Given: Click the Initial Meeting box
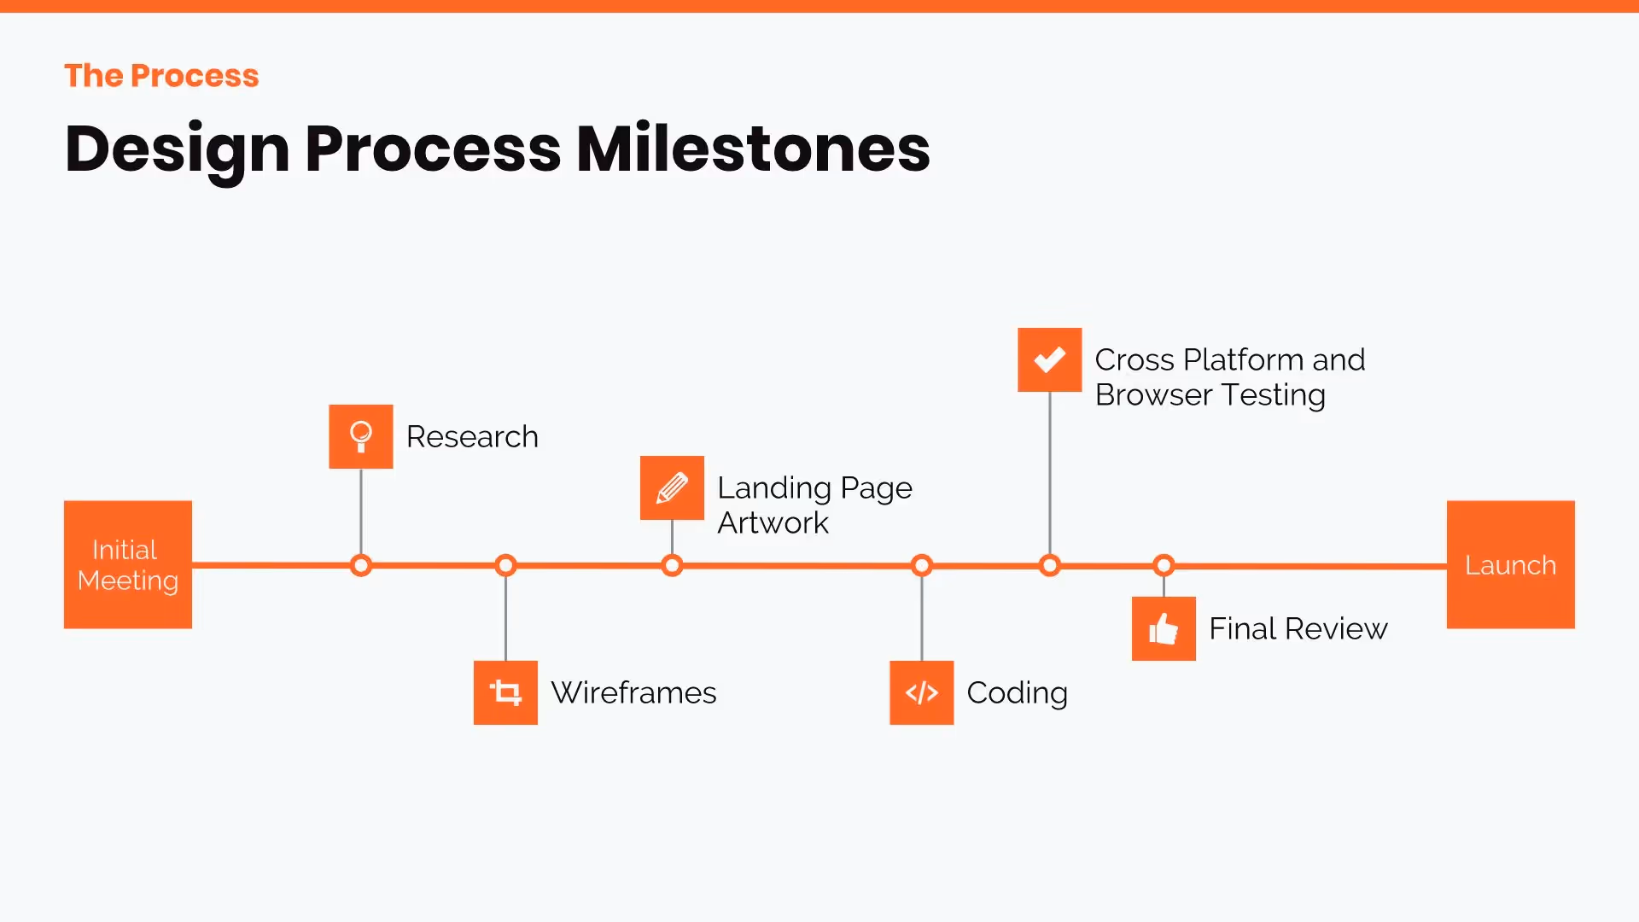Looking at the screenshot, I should [x=128, y=564].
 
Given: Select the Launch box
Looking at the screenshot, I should [x=1510, y=564].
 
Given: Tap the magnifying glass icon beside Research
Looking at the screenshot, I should [x=361, y=436].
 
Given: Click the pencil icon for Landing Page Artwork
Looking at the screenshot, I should [x=672, y=487].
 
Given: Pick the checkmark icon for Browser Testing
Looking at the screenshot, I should [x=1049, y=359].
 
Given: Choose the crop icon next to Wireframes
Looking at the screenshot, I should [x=505, y=692].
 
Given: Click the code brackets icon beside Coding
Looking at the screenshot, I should [x=921, y=692].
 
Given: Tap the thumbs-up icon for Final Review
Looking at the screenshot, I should [x=1164, y=628].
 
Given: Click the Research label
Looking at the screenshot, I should [x=472, y=436].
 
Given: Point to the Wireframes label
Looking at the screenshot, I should [x=633, y=692].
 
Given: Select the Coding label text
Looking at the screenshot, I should [x=1017, y=692].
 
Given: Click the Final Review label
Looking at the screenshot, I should [x=1298, y=628].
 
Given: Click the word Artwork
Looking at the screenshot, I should [x=773, y=522].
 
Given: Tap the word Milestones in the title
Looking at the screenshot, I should [x=753, y=149].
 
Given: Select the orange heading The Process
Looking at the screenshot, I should [x=161, y=76].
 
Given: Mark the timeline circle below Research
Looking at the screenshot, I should [x=361, y=565].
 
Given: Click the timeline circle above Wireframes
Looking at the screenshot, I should [x=505, y=565].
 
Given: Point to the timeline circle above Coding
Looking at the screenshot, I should [x=921, y=565].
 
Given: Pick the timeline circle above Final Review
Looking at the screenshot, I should [x=1164, y=565].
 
